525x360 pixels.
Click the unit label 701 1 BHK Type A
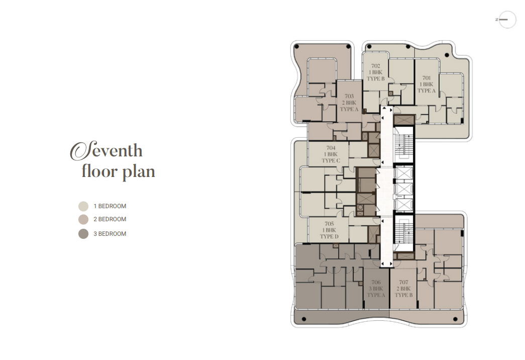[x=427, y=84]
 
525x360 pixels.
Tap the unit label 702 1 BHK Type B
[x=376, y=72]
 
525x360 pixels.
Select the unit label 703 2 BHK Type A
[x=349, y=103]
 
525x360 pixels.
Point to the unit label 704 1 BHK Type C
[x=331, y=154]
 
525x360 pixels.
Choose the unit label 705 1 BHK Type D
[x=329, y=230]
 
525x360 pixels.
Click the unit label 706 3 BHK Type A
[x=376, y=289]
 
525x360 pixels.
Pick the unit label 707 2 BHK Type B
[x=404, y=289]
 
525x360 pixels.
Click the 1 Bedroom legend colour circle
[x=83, y=206]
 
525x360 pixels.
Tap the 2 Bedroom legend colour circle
[x=83, y=220]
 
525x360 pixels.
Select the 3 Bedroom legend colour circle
[x=83, y=234]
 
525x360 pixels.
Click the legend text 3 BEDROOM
[x=110, y=234]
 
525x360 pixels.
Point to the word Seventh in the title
[x=106, y=150]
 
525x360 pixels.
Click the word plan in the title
[x=138, y=171]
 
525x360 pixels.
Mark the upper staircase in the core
[x=404, y=147]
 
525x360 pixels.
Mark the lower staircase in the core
[x=404, y=233]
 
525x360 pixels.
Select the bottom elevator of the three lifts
[x=404, y=205]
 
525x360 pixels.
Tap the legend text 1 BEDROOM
[x=110, y=206]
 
